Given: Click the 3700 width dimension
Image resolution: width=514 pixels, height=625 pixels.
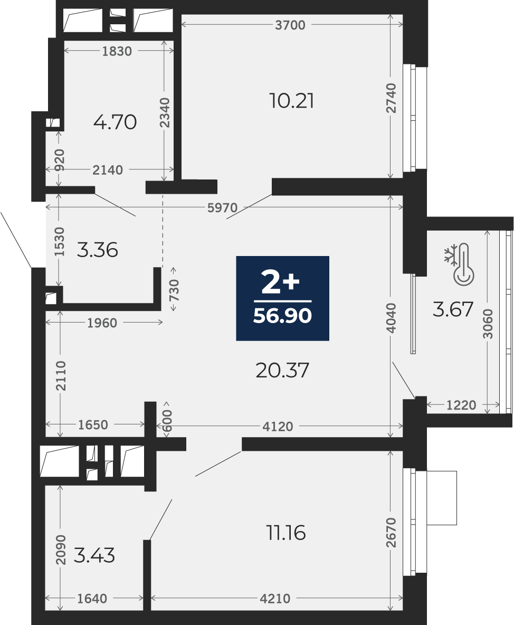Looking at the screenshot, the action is tap(290, 25).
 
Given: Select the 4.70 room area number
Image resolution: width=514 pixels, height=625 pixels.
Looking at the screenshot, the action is tap(115, 122).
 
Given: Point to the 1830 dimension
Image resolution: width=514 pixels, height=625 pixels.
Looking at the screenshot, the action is tap(117, 51).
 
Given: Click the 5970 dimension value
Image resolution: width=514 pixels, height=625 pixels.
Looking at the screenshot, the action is tap(222, 207).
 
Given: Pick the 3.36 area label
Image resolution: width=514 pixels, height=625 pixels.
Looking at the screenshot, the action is tap(97, 250).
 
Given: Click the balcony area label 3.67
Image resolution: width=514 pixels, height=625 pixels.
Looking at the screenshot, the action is tap(453, 309).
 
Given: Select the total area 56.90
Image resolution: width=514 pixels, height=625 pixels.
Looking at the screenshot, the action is tap(282, 316).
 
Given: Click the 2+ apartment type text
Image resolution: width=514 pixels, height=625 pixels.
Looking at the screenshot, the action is tap(280, 282).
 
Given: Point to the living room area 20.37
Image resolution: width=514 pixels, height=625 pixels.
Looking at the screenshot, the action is tap(282, 370).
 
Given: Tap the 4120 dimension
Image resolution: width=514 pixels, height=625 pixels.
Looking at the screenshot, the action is tap(278, 427).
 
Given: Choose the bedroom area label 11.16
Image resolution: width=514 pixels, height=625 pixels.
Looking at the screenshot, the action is tap(285, 533).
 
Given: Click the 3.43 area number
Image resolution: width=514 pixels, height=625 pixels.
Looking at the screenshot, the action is tap(94, 555).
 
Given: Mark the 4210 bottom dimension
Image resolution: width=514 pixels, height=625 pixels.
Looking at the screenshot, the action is tap(275, 598).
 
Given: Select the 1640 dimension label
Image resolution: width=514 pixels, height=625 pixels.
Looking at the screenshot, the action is tap(92, 598).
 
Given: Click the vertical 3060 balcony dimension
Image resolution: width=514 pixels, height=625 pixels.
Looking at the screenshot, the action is tap(488, 324).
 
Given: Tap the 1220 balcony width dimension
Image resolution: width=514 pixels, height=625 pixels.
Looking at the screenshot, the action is tap(461, 405).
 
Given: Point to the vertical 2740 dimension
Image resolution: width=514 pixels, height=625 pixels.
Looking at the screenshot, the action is tap(392, 98).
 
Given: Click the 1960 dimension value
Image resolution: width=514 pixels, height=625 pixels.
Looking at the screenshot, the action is tap(102, 323).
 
